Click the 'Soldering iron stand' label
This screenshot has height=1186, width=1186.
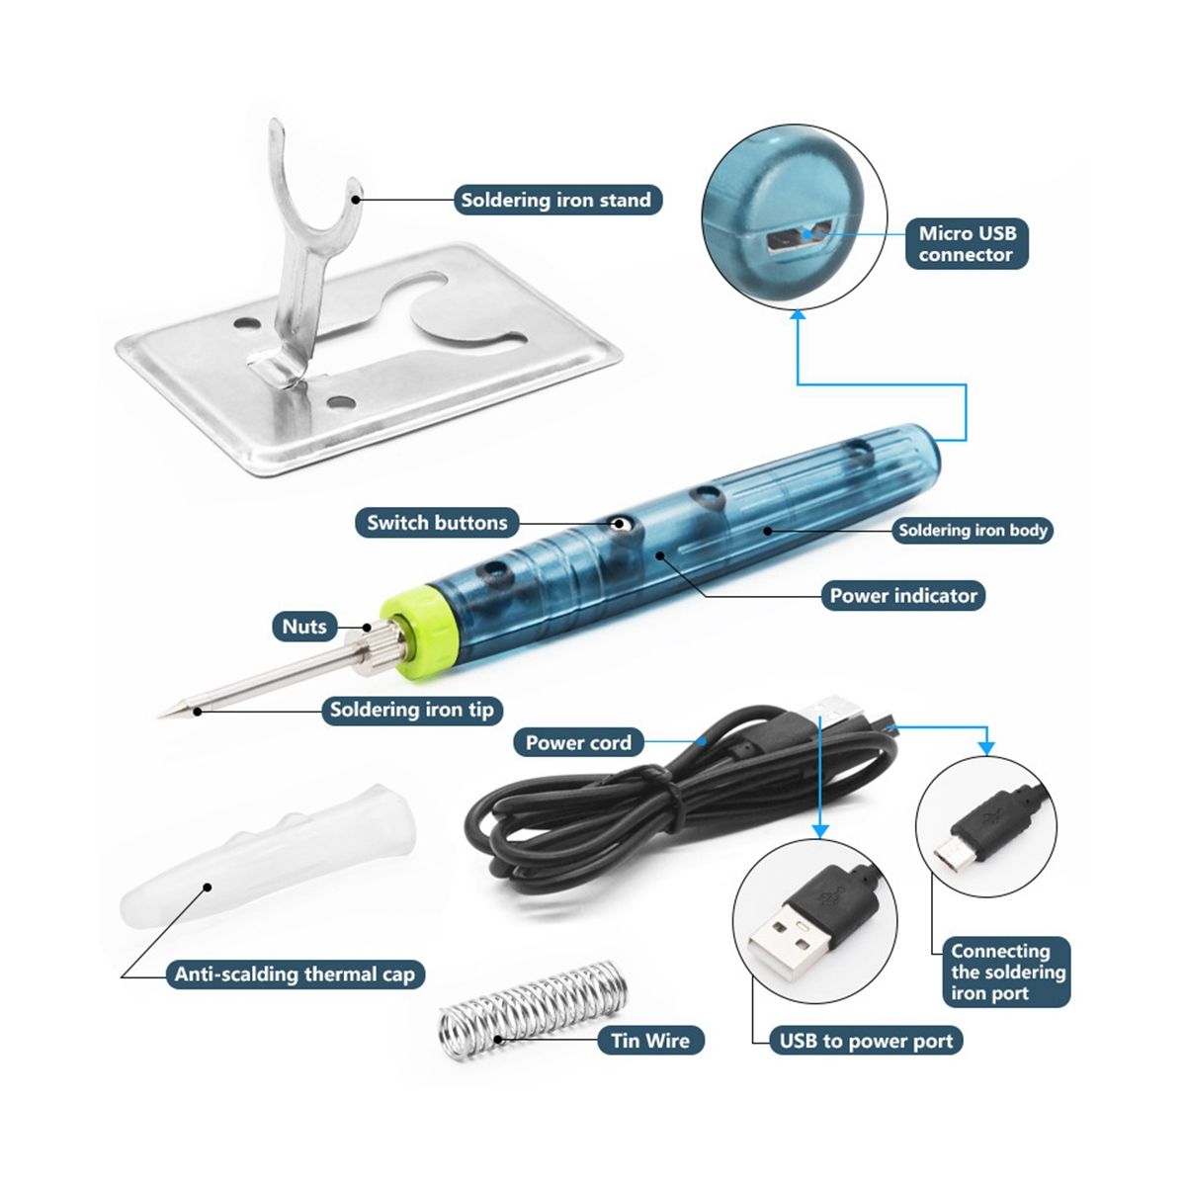pyautogui.click(x=557, y=200)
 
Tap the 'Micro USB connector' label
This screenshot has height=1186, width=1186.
pyautogui.click(x=967, y=244)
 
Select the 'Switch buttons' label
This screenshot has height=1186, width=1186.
pyautogui.click(x=437, y=523)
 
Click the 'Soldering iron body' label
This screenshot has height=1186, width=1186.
pyautogui.click(x=973, y=530)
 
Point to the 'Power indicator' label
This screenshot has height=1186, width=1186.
pyautogui.click(x=903, y=595)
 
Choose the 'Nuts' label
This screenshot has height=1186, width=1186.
pyautogui.click(x=304, y=627)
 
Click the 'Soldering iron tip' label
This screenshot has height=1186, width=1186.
pyautogui.click(x=412, y=710)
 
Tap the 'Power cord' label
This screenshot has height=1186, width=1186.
pyautogui.click(x=578, y=743)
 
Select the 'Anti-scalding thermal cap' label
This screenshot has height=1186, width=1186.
pyautogui.click(x=295, y=974)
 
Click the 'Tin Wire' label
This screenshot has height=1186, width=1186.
pyautogui.click(x=650, y=1041)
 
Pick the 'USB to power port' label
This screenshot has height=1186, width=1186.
pyautogui.click(x=866, y=1041)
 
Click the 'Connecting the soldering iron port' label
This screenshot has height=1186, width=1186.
pyautogui.click(x=1006, y=973)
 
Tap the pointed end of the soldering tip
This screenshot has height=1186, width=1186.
pyautogui.click(x=160, y=716)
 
